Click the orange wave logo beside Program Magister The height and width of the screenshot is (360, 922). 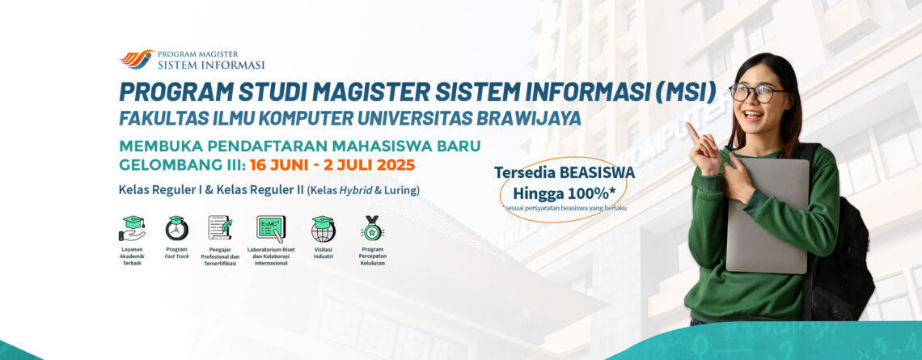click(x=137, y=59)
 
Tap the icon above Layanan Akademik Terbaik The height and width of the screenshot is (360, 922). click(x=133, y=228)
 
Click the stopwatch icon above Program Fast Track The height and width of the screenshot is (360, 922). click(x=177, y=228)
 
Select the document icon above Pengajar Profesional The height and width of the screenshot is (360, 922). click(x=220, y=227)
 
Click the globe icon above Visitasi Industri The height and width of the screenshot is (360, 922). click(x=323, y=229)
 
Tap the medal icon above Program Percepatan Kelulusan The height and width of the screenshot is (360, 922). click(x=372, y=228)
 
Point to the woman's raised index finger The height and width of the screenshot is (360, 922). click(x=692, y=132)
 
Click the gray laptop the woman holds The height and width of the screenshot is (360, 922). click(x=768, y=214)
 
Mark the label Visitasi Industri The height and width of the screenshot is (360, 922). click(x=323, y=253)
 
